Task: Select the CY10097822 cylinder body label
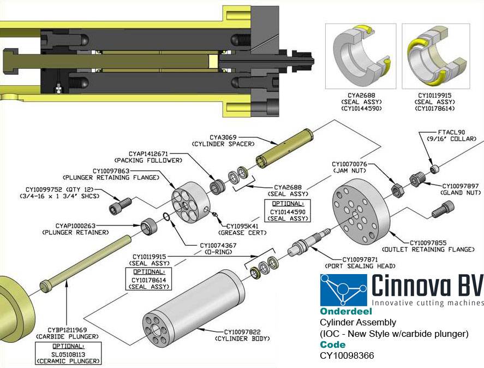click(246, 335)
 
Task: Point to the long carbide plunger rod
click(87, 263)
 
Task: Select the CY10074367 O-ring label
click(219, 248)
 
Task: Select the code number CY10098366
click(347, 355)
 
